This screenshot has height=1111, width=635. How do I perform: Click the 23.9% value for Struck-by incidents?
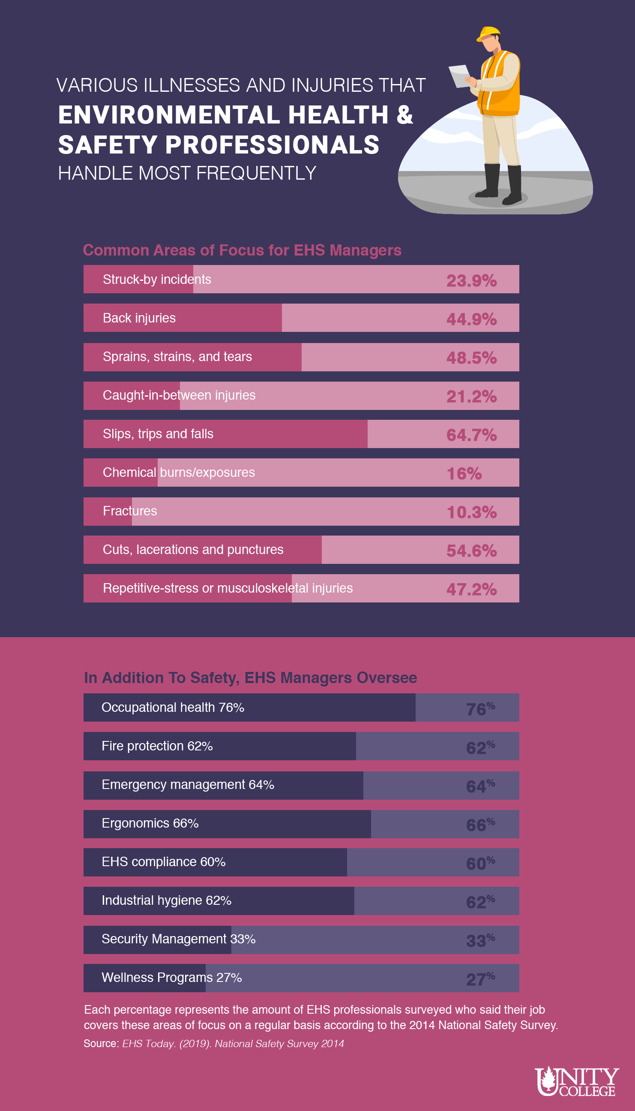[471, 280]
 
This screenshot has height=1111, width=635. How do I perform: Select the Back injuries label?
[139, 318]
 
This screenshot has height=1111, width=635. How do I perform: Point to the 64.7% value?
[471, 435]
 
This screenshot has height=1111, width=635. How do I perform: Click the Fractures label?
[129, 511]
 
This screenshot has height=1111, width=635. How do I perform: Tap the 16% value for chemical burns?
[464, 473]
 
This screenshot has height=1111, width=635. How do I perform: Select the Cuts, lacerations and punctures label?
[193, 549]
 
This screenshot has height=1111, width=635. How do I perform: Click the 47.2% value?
[471, 589]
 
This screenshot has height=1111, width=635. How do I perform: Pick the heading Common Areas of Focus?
[242, 250]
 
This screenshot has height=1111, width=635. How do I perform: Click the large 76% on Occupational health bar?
[480, 709]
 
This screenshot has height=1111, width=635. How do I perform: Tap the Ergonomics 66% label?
[150, 823]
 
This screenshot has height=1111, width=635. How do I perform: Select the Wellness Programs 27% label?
[171, 978]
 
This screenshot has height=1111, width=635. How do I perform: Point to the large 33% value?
[480, 940]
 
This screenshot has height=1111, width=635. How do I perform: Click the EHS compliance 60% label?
[164, 862]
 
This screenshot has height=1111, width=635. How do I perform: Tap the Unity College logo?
[577, 1081]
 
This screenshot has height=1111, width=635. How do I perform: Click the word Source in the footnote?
[101, 1043]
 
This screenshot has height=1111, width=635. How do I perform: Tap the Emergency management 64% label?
[188, 785]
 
